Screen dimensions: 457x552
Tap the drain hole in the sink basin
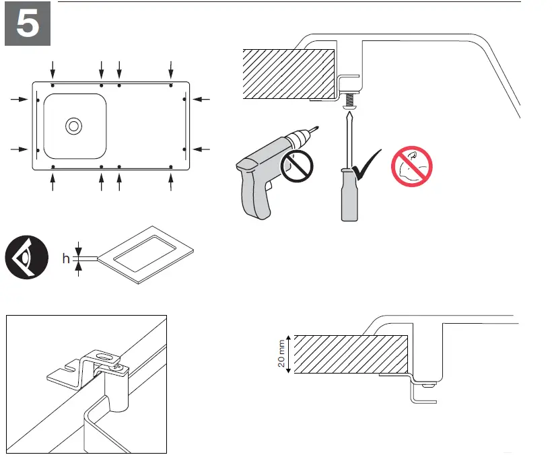coord(73,125)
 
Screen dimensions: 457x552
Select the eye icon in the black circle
coord(26,257)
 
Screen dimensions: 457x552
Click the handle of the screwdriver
coord(347,196)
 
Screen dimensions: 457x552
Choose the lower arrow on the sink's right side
coord(202,148)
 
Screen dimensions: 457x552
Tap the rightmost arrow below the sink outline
coord(172,182)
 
